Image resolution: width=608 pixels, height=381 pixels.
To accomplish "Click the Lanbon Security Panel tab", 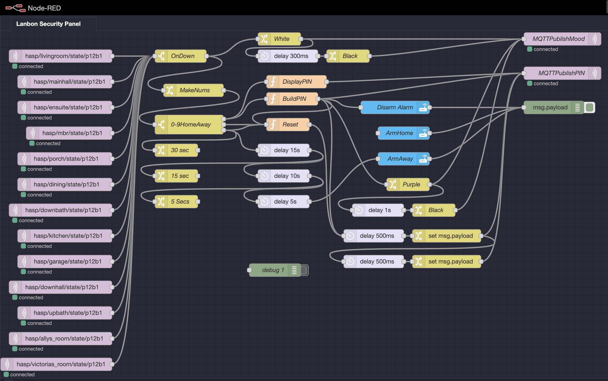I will (48, 24).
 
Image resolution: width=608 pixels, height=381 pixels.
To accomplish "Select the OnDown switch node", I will (183, 56).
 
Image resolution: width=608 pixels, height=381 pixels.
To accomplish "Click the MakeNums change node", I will (194, 90).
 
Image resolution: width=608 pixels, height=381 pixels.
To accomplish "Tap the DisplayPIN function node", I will (297, 82).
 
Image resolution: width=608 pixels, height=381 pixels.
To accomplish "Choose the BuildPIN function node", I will (294, 99).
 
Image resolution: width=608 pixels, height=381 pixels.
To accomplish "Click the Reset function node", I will (290, 125).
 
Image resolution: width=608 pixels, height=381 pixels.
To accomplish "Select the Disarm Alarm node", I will (395, 108).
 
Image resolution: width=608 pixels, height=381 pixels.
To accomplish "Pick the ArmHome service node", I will (399, 133).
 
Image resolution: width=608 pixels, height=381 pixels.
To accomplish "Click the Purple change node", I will (411, 185).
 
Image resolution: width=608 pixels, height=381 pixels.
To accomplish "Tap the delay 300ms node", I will (291, 56).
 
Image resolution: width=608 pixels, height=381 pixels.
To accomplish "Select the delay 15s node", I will (287, 150).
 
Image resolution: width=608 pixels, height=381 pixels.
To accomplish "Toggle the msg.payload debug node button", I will (590, 108).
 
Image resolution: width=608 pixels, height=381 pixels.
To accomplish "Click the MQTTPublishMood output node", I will (558, 39).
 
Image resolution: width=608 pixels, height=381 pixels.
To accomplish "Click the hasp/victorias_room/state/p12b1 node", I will (60, 364).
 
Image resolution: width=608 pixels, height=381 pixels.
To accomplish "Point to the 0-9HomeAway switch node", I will (191, 125).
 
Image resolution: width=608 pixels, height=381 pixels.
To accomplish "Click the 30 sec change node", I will (180, 150).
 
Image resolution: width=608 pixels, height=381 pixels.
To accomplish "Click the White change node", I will (281, 39).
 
